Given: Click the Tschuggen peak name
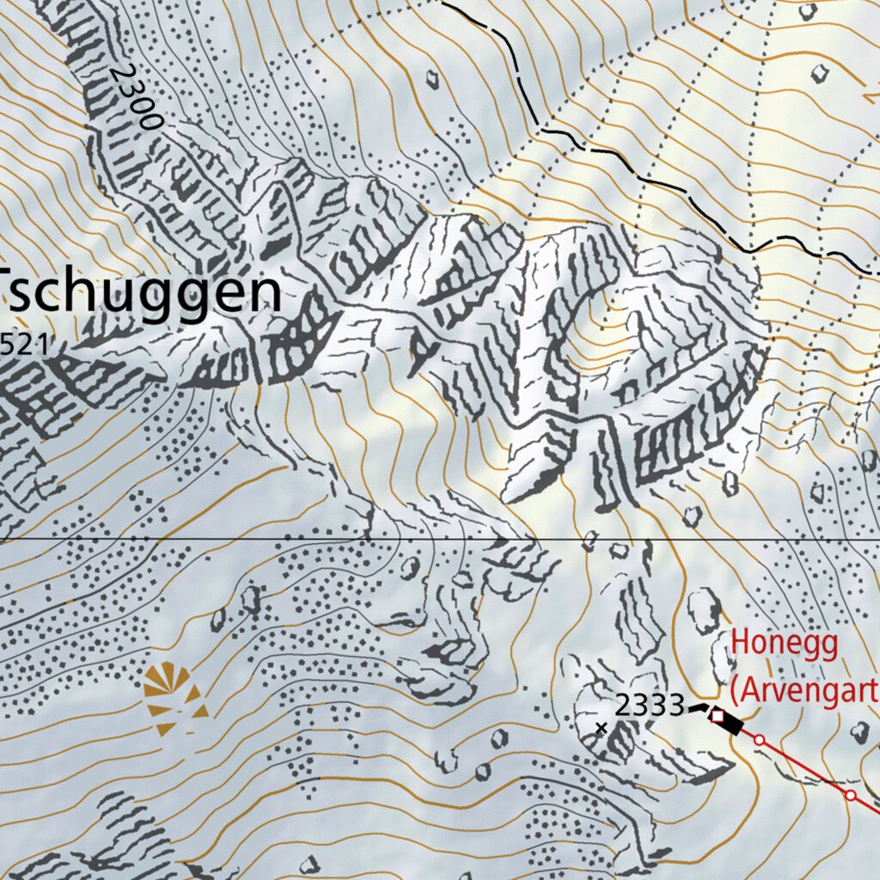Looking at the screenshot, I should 143,293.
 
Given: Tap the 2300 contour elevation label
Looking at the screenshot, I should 136,96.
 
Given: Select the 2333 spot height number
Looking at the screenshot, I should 649,706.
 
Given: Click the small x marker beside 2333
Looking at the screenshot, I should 601,728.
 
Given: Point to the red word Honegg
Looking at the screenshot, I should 785,644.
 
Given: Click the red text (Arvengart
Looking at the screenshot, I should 804,688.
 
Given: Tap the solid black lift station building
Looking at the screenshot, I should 730,724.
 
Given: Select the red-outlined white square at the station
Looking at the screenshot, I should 717,714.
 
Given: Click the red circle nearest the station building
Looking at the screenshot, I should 759,739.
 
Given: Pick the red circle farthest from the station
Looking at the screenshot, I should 851,795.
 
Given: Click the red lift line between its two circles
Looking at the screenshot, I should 804,767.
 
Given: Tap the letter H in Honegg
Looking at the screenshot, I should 741,644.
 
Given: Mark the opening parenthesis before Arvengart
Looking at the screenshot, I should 735,689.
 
